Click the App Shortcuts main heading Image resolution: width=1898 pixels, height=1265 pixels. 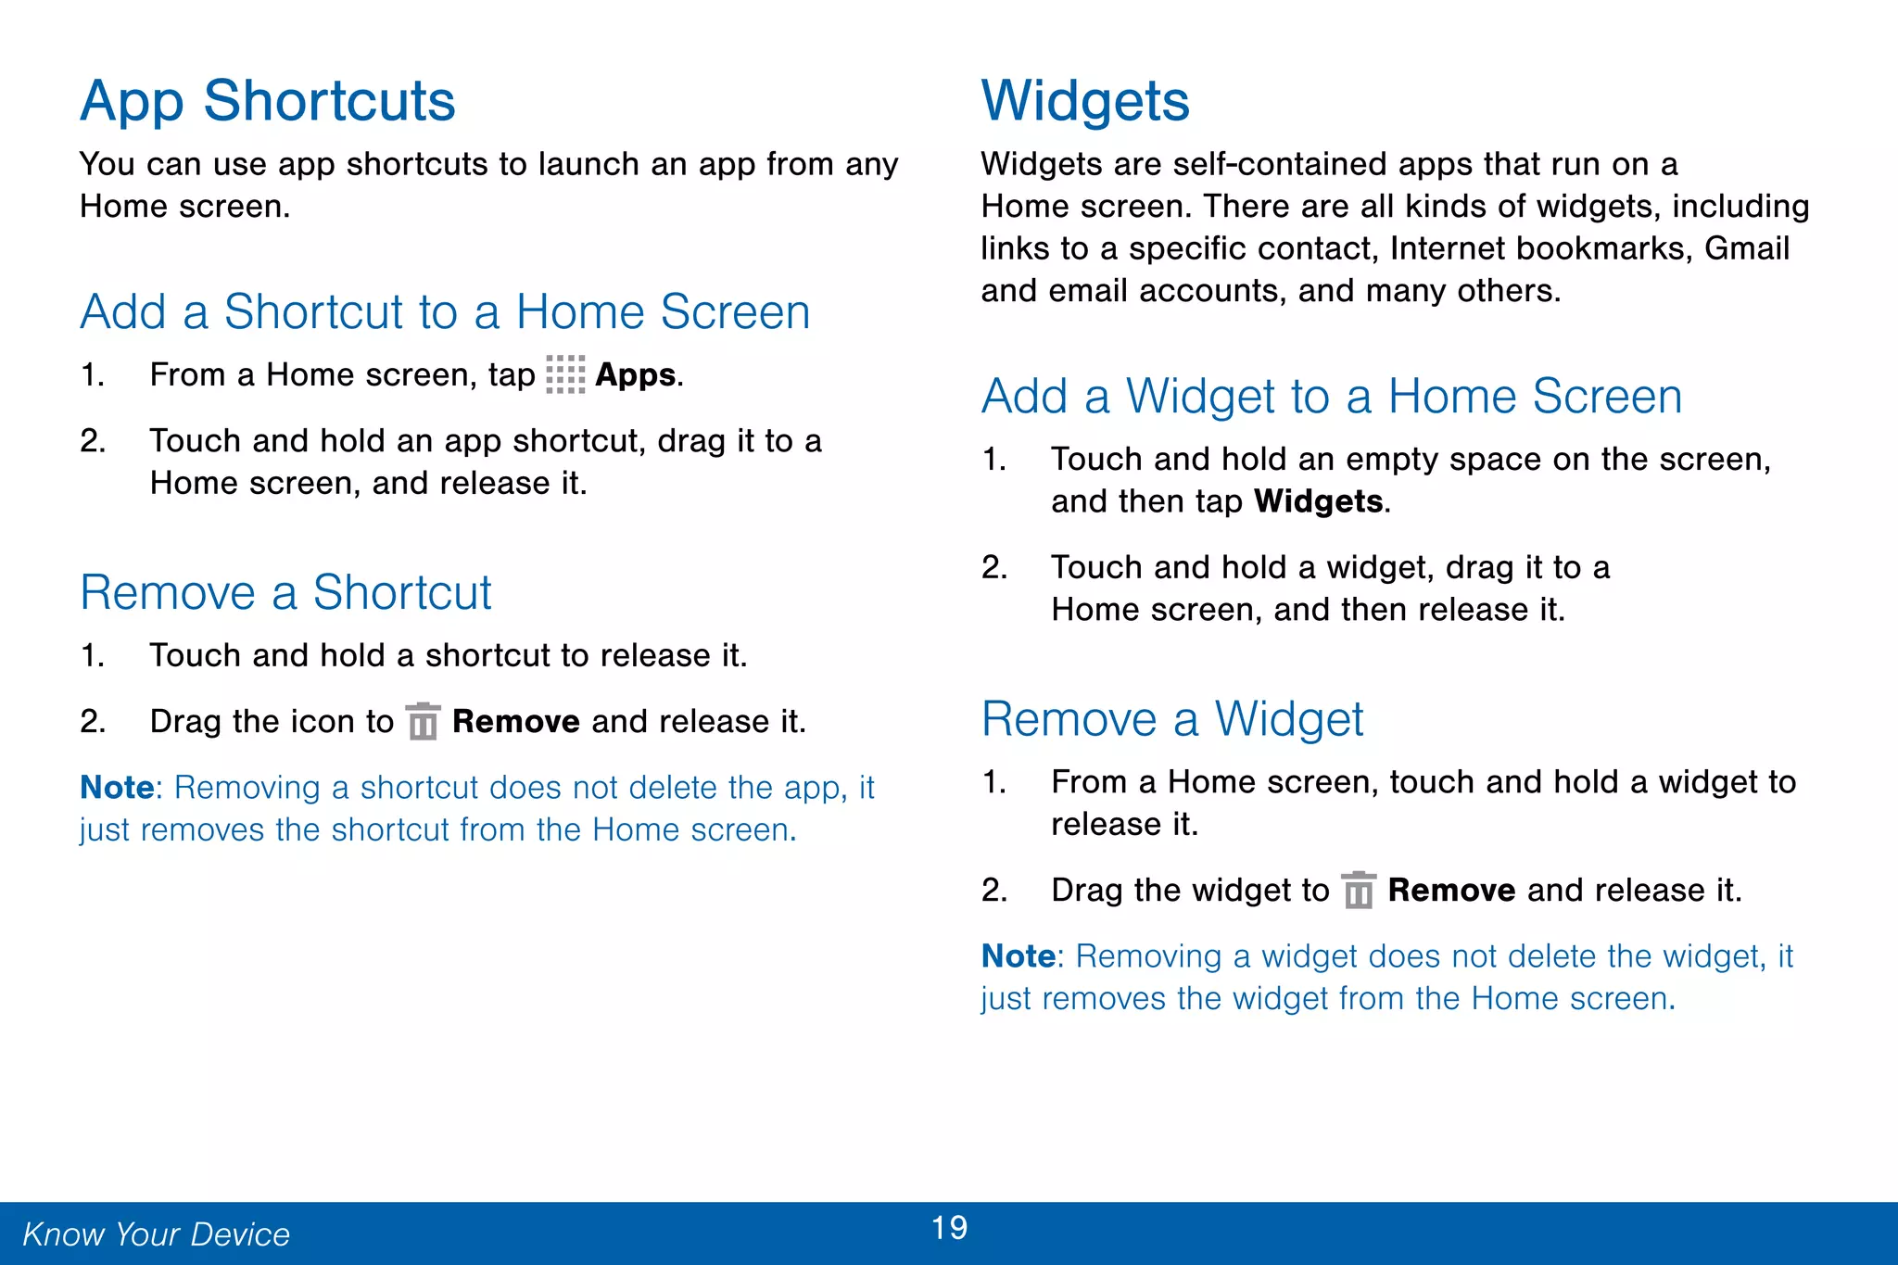point(267,101)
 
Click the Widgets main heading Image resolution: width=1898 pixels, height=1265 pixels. point(1084,101)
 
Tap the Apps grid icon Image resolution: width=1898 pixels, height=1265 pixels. point(565,374)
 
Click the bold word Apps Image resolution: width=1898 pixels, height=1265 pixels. point(635,375)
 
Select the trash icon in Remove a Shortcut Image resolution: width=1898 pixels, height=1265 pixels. point(424,721)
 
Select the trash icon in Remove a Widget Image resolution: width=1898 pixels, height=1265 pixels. point(1359,891)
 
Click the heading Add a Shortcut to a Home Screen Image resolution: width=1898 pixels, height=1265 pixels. point(445,312)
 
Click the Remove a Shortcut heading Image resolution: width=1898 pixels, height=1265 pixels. point(285,593)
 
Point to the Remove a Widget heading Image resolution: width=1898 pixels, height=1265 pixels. point(1171,719)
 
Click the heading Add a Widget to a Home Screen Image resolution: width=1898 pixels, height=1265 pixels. point(1331,397)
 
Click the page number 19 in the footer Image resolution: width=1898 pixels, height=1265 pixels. point(949,1228)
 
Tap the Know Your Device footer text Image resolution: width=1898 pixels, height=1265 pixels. point(156,1234)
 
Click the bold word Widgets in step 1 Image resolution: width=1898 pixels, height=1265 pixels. point(1318,501)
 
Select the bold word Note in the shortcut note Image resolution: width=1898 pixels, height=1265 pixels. point(116,788)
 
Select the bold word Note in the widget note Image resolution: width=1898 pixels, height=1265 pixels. point(1018,956)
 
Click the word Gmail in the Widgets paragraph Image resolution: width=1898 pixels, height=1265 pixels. point(1746,248)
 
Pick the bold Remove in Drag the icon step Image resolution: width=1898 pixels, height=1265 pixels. point(515,722)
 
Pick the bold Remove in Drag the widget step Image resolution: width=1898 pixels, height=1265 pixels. point(1451,891)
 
